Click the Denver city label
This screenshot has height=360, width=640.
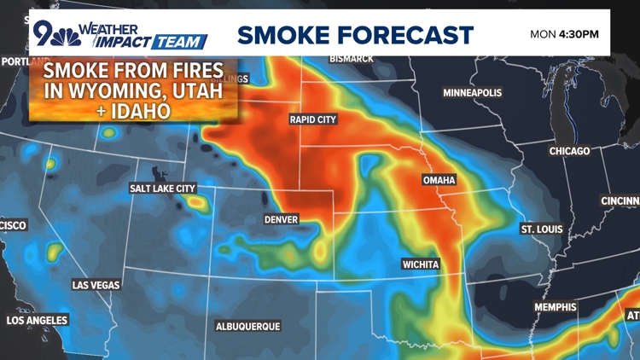281,219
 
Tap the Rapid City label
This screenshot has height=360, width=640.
313,119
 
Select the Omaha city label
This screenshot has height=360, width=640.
439,180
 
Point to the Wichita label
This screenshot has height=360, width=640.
421,264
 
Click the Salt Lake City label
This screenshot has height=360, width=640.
162,188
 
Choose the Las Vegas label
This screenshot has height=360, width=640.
96,285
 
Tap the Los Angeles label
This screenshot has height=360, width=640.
37,321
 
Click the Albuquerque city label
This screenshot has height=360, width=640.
247,327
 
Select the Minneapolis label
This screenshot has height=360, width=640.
472,92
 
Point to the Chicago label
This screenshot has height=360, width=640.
569,151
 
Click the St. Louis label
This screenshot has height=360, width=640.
541,229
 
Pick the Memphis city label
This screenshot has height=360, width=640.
556,307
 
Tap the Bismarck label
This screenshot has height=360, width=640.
352,59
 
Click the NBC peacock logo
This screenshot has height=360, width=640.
70,38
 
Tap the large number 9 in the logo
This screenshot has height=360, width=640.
43,32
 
